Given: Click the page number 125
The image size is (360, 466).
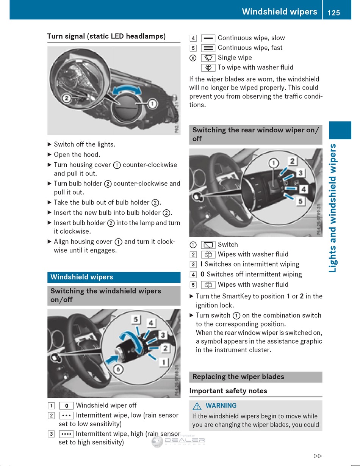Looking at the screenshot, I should click(x=333, y=13).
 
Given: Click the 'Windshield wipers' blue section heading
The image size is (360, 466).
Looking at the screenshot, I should click(x=82, y=277).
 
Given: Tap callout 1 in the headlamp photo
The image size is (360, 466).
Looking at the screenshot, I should click(x=152, y=103).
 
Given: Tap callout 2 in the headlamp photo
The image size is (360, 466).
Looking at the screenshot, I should click(x=66, y=98).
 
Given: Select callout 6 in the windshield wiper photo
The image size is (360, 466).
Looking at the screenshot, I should click(x=118, y=369).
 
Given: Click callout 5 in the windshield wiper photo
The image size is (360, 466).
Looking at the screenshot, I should click(x=136, y=320).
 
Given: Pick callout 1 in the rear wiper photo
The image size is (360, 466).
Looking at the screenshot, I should click(x=273, y=163).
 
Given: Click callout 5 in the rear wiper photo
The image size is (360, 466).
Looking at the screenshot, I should click(x=301, y=201).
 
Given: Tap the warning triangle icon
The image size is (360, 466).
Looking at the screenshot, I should click(x=197, y=406).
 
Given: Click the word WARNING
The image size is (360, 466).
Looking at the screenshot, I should click(x=221, y=406).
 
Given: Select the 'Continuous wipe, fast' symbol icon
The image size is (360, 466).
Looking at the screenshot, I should click(x=208, y=48).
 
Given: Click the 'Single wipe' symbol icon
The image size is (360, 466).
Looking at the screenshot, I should click(x=208, y=58).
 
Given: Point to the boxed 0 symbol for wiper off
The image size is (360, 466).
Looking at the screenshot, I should click(x=66, y=406).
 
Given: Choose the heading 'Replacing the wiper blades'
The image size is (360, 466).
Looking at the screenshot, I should click(x=238, y=377).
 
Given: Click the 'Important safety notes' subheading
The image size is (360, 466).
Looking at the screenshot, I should click(x=228, y=391).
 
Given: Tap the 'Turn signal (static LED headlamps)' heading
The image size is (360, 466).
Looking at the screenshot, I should click(x=106, y=36).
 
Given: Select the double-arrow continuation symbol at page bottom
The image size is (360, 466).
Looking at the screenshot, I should click(x=318, y=456).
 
